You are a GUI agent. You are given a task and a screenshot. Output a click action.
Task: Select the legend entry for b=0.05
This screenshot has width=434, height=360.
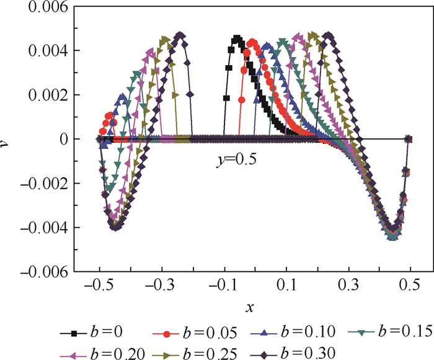pyautogui.click(x=186, y=333)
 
